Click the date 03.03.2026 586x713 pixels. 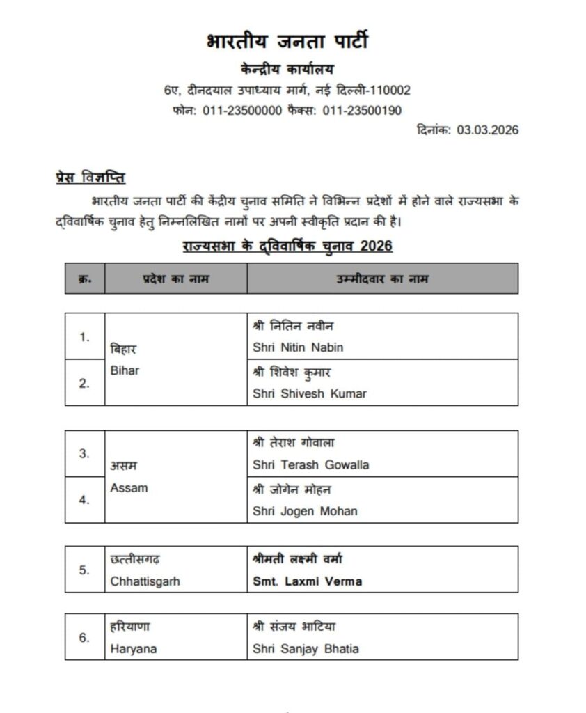click(488, 130)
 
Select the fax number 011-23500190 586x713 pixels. click(362, 110)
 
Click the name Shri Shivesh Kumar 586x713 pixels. click(309, 393)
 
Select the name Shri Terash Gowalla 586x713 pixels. click(310, 464)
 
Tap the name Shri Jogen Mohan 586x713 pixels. click(305, 511)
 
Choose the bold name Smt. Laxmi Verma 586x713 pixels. click(308, 581)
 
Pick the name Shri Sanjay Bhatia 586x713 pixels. click(306, 649)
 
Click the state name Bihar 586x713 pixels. click(125, 370)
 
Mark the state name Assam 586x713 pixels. click(129, 487)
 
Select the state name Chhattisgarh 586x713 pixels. click(145, 581)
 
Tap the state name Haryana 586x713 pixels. click(133, 649)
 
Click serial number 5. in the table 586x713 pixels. click(84, 570)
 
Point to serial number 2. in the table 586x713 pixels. click(84, 382)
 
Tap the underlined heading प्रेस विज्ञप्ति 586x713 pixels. click(90, 177)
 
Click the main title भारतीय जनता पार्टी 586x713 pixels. click(287, 42)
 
